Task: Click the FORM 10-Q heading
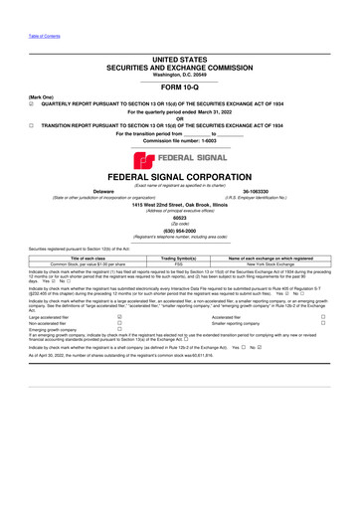coord(179,85)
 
